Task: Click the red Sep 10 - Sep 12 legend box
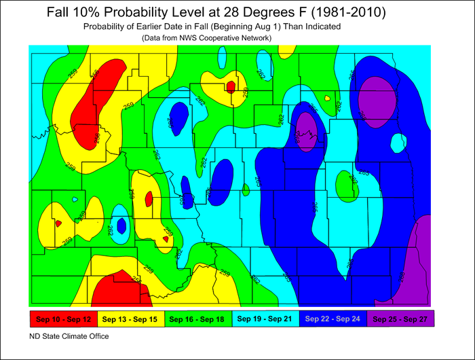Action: [x=62, y=318]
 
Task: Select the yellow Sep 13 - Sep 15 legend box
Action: [x=129, y=318]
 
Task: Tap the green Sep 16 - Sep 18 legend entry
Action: [x=197, y=318]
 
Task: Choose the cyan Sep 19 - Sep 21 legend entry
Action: [x=265, y=318]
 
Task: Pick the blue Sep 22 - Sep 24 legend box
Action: [x=332, y=318]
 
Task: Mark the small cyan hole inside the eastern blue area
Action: [x=398, y=143]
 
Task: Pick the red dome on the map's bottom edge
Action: [x=120, y=291]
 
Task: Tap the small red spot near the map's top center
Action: [x=231, y=87]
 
